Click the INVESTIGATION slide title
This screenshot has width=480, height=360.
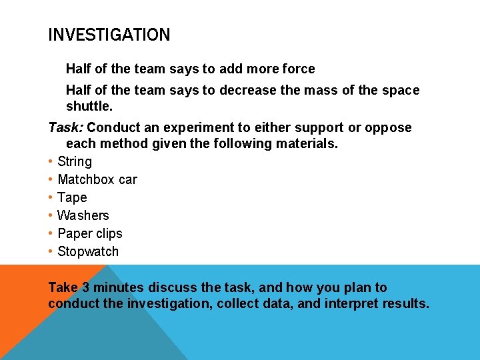[x=109, y=35]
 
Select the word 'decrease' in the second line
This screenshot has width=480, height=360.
[x=245, y=90]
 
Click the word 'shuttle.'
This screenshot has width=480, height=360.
[x=89, y=106]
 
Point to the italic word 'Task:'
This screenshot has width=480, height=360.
[x=65, y=127]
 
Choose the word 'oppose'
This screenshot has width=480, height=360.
[x=389, y=127]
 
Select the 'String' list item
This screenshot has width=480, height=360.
[x=75, y=161]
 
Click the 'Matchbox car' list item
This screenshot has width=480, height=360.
[x=97, y=179]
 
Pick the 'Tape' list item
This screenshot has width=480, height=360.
[x=72, y=197]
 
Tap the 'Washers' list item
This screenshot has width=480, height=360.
[x=83, y=215]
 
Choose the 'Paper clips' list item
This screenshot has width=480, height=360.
[x=90, y=233]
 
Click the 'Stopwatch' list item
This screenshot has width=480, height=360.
[x=88, y=251]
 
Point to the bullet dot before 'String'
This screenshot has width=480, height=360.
[x=51, y=161]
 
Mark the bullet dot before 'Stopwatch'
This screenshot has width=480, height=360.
[x=51, y=251]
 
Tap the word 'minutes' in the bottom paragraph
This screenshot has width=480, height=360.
[x=118, y=287]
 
